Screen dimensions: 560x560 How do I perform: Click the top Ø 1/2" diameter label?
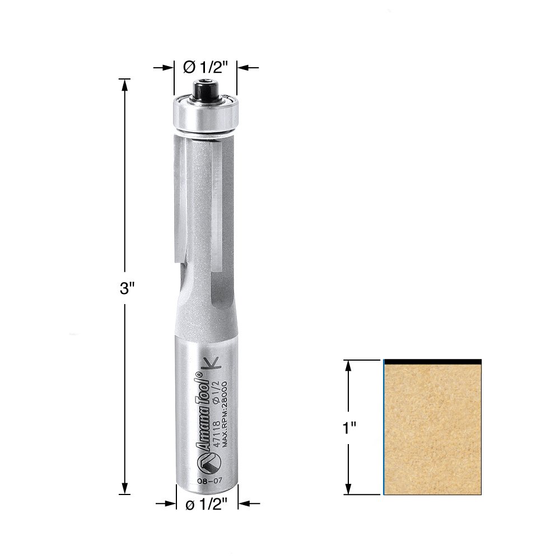[x=205, y=67]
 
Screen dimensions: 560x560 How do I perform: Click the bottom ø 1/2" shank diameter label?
[x=206, y=505]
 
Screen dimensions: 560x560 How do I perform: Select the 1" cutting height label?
[x=349, y=427]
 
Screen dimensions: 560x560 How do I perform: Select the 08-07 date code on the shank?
[x=210, y=480]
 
